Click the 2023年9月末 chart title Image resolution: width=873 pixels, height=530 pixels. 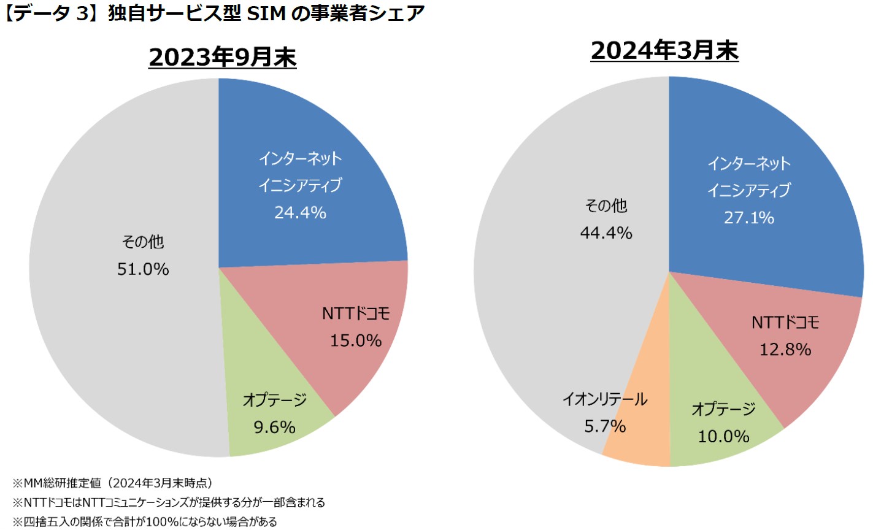coord(222,57)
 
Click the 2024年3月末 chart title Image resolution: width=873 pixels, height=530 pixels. coord(664,50)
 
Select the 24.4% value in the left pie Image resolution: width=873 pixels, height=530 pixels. coord(300,213)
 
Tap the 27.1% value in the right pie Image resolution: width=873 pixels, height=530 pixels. coord(749,218)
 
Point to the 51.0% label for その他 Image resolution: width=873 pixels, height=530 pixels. coord(143,269)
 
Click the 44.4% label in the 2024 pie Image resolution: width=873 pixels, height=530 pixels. coord(606,233)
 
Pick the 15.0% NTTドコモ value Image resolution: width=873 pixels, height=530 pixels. coord(356,340)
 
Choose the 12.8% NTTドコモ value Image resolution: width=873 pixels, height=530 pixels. coord(785,350)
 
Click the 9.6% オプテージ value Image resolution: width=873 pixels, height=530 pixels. coord(274,427)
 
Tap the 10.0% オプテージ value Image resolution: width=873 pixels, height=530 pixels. coord(723,437)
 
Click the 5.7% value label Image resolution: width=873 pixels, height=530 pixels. coord(605,426)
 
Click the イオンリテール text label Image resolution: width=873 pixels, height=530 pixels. coord(605,399)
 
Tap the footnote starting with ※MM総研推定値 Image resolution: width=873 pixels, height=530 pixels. coord(113,483)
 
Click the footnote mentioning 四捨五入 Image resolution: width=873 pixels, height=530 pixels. coord(145,522)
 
